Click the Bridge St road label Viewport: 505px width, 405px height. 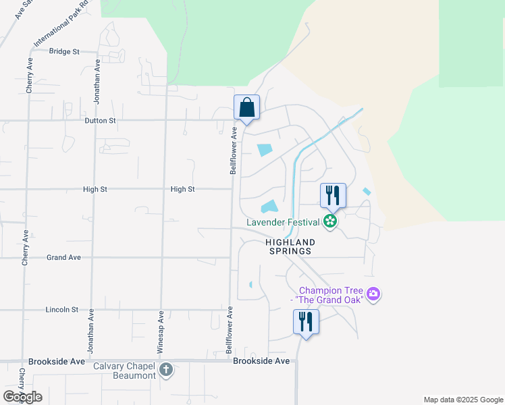pyautogui.click(x=64, y=51)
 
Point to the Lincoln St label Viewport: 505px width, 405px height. pyautogui.click(x=62, y=310)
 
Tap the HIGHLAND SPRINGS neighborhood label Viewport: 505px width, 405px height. pyautogui.click(x=289, y=246)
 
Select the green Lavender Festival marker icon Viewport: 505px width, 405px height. pyautogui.click(x=330, y=221)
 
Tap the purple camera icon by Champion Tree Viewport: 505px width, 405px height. pyautogui.click(x=374, y=294)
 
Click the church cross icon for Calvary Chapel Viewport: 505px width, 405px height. pyautogui.click(x=167, y=370)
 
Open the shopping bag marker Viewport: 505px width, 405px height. pyautogui.click(x=247, y=108)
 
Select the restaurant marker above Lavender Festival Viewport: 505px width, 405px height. pyautogui.click(x=333, y=196)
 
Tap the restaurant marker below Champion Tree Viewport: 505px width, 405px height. pyautogui.click(x=306, y=322)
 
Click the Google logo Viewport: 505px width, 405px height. pyautogui.click(x=22, y=396)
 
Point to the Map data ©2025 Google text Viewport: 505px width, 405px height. pyautogui.click(x=462, y=400)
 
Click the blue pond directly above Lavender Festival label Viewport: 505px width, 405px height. pyautogui.click(x=269, y=206)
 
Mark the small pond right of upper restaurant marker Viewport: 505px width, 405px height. pyautogui.click(x=367, y=192)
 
